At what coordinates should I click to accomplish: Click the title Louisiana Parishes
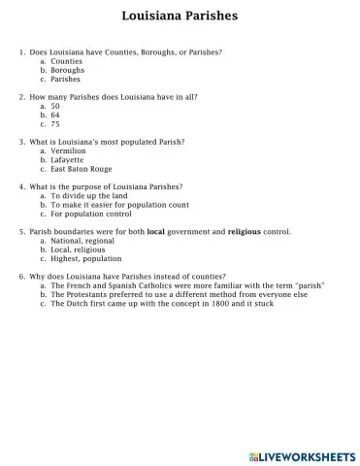pos(180,17)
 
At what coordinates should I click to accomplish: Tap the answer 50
pos(55,106)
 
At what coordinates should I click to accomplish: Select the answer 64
pos(55,115)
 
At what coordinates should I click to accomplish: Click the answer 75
pos(55,124)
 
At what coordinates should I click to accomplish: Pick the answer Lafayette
pos(67,160)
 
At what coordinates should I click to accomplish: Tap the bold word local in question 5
pos(155,232)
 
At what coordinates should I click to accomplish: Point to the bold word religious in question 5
pos(245,232)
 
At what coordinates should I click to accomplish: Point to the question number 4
pos(22,185)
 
